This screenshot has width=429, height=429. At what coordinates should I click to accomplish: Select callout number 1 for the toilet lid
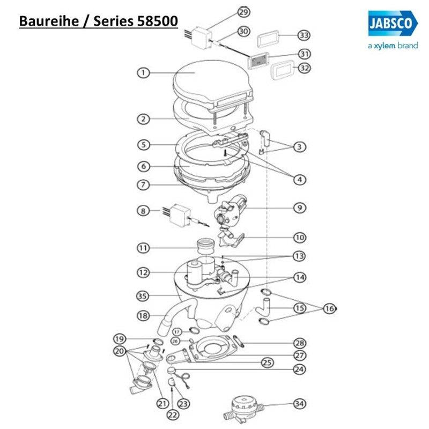143,73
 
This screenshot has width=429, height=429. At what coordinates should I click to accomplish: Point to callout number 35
142,295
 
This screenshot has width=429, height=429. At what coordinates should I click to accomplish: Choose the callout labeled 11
142,248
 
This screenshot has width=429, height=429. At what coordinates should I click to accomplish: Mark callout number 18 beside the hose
143,316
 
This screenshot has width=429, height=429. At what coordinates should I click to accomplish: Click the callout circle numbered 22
171,414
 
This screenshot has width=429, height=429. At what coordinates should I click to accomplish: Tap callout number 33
304,35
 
